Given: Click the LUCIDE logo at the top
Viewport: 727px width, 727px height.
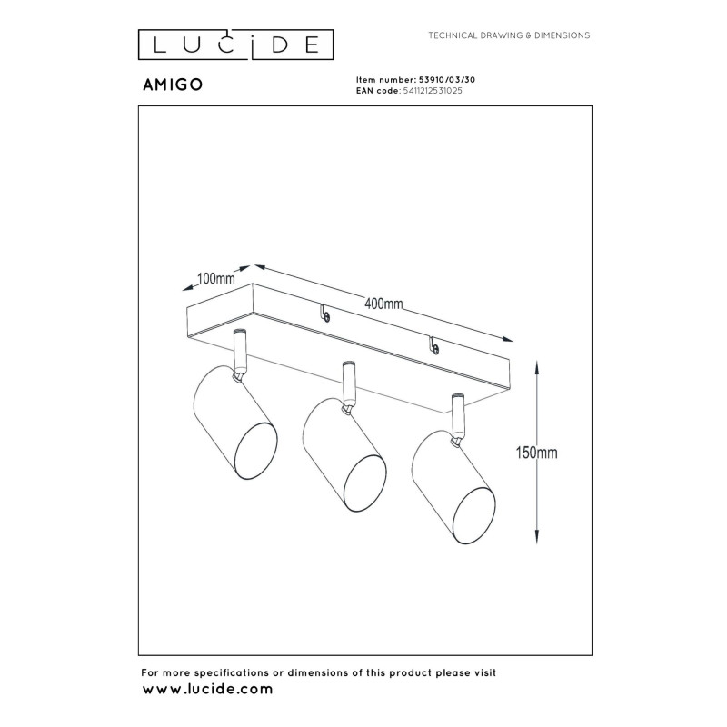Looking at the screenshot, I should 235,44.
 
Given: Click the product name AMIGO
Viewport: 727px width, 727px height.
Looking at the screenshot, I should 172,84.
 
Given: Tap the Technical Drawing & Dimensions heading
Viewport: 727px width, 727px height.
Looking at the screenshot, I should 509,35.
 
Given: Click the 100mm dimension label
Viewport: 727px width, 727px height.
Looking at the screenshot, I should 215,279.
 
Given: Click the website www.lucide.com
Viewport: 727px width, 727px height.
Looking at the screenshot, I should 207,690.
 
